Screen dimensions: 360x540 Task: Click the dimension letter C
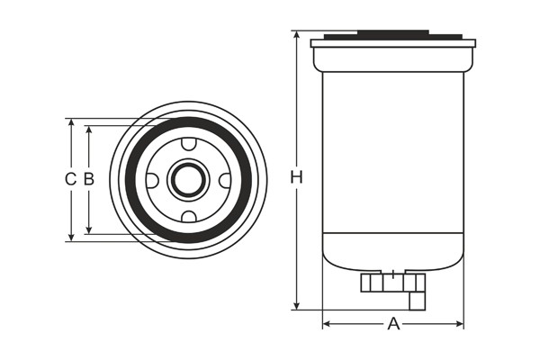pos(69,179)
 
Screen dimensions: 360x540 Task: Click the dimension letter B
pos(88,179)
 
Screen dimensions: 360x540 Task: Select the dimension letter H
pos(296,178)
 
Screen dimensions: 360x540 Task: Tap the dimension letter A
pos(393,324)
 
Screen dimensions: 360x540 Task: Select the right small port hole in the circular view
pos(225,180)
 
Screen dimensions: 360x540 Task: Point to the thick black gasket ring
pos(130,180)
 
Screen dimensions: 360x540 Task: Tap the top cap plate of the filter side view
pos(392,42)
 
